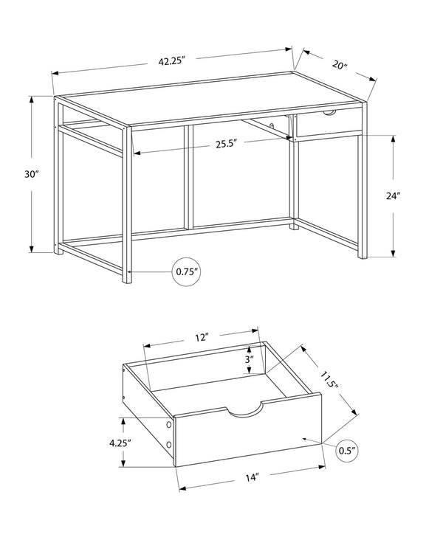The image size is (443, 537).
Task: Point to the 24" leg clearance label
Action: tap(392, 196)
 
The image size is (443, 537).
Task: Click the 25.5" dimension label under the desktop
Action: tap(225, 145)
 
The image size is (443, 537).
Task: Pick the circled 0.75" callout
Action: tap(186, 271)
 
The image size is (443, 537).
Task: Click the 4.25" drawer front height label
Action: tap(119, 443)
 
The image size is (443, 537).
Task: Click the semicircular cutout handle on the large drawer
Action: tap(246, 411)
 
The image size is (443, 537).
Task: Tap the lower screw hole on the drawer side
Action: tap(169, 445)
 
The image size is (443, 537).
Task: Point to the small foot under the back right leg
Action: tap(295, 226)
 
